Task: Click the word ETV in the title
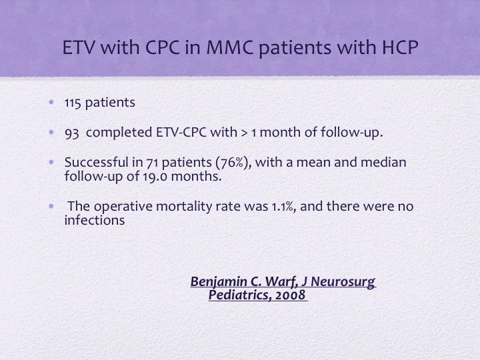click(79, 47)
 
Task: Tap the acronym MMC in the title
click(230, 47)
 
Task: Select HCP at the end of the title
click(400, 47)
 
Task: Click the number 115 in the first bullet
click(73, 103)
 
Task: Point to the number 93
click(72, 133)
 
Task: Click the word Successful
click(97, 162)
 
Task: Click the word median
click(383, 162)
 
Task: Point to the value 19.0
click(155, 177)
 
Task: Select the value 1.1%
click(284, 207)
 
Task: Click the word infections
click(95, 220)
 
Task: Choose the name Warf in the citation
click(281, 281)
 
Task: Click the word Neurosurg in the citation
click(343, 282)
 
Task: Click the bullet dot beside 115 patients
click(51, 102)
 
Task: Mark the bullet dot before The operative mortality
click(51, 206)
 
